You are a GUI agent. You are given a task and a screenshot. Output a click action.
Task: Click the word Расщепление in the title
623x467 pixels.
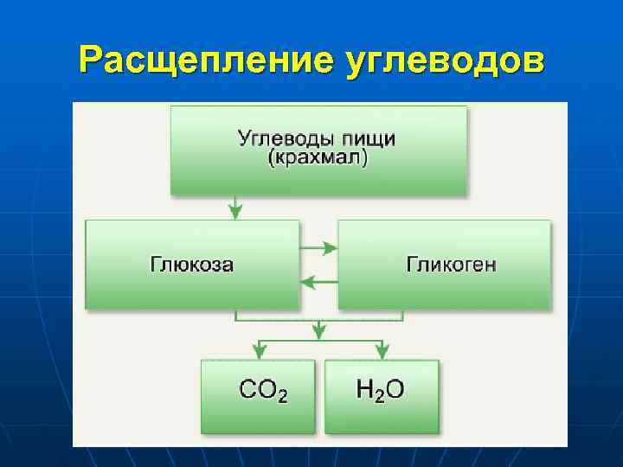[x=201, y=61]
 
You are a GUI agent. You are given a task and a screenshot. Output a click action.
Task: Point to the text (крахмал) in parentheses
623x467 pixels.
[x=318, y=159]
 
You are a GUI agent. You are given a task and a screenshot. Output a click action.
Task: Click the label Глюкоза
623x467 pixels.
[x=191, y=265]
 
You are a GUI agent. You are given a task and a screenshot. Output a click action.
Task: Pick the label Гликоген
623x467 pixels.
[x=451, y=265]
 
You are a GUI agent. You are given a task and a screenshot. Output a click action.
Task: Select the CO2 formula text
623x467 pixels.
[x=263, y=390]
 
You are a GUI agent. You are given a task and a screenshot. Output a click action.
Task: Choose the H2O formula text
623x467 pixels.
[x=380, y=390]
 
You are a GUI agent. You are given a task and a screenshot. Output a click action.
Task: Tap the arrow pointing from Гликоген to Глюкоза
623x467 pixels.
[x=318, y=280]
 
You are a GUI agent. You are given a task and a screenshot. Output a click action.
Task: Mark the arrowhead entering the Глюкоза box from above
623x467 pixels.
[x=234, y=212]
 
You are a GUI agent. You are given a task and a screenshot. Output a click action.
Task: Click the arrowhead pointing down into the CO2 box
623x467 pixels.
[x=258, y=351]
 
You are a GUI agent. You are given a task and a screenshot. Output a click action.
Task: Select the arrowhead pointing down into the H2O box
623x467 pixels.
[x=382, y=351]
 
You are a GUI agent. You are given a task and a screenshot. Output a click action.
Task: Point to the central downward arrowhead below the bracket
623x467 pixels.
[x=319, y=331]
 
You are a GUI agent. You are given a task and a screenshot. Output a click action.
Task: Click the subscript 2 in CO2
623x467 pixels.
[x=281, y=396]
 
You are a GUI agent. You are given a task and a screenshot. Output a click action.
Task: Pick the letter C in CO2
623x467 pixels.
[x=247, y=389]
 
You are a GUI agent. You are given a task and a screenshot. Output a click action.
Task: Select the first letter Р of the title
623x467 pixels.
[x=89, y=61]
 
